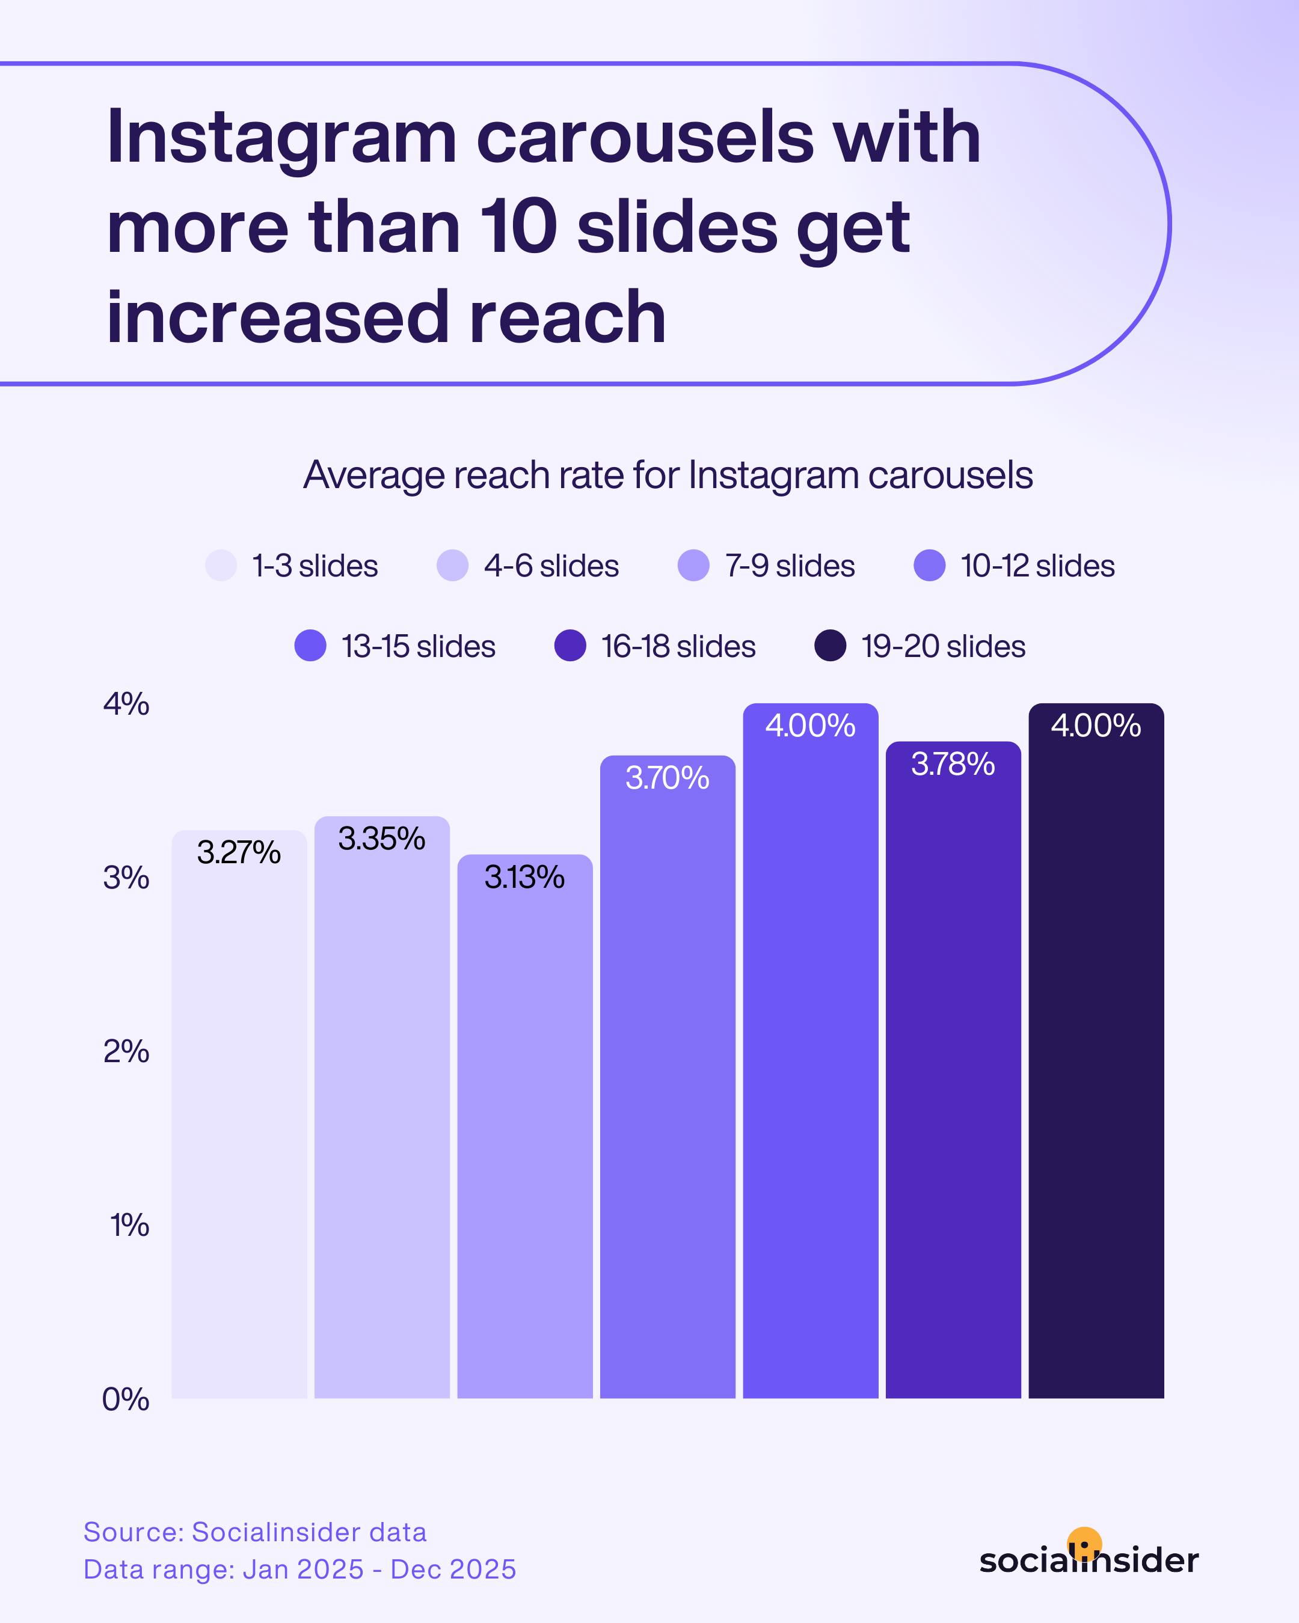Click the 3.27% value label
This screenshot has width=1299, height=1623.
[239, 853]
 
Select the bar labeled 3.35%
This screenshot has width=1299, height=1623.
[382, 1114]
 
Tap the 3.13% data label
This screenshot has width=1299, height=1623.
[524, 877]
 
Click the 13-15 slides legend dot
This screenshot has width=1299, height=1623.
[310, 646]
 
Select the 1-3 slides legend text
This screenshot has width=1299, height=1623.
[315, 566]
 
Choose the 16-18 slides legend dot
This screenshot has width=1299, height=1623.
[570, 646]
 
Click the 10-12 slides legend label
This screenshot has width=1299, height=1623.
[1037, 566]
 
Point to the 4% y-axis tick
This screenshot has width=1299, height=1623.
[126, 704]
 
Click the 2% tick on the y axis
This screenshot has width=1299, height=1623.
[126, 1051]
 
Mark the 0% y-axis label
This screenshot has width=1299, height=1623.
[126, 1399]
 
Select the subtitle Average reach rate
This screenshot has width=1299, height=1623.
[667, 475]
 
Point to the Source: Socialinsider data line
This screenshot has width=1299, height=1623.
[254, 1532]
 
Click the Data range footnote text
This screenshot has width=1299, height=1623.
[299, 1570]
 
